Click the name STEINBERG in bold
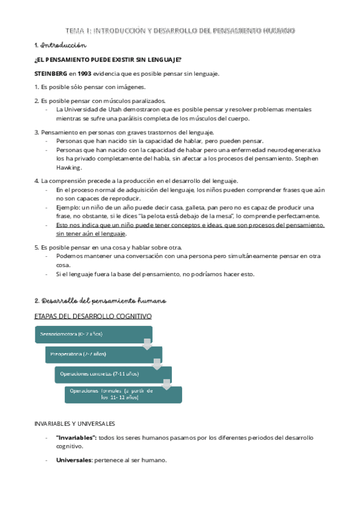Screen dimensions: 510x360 (50, 74)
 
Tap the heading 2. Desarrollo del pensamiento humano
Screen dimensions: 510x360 (100, 300)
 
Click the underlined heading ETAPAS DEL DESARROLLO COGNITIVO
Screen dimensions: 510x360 (93, 316)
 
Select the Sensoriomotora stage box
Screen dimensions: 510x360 (93, 334)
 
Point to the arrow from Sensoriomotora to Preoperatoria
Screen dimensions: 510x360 (147, 344)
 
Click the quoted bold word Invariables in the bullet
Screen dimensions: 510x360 (75, 438)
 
